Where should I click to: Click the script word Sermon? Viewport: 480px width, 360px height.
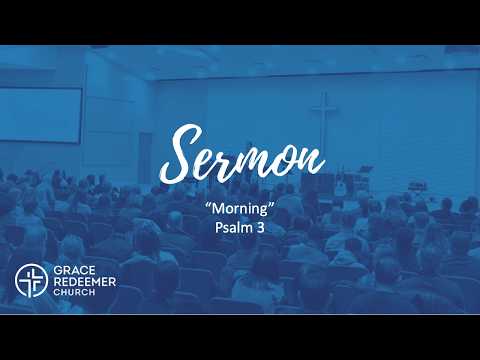point(242,154)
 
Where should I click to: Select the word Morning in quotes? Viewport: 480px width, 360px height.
point(240,210)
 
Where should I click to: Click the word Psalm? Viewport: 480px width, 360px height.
point(233,228)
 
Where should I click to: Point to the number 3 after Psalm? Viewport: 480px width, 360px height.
point(260,228)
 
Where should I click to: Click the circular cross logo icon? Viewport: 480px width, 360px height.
point(31,281)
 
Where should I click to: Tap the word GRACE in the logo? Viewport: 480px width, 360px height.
point(74,270)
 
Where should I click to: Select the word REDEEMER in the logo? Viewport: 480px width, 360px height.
point(85,282)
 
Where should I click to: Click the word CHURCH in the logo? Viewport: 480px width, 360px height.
point(74,292)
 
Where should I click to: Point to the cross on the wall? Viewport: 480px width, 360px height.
point(324,120)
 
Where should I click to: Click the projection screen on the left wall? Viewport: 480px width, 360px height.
point(41,115)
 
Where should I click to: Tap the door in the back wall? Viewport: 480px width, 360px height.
point(145,157)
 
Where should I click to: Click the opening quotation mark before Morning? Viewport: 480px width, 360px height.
point(208,205)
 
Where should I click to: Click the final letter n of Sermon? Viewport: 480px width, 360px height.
point(312,162)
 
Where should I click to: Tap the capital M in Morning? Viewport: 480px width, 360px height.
point(217,209)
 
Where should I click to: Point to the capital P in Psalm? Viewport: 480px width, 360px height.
point(219,228)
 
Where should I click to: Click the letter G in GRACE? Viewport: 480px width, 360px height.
point(58,270)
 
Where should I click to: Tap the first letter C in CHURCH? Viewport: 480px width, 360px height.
point(56,292)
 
